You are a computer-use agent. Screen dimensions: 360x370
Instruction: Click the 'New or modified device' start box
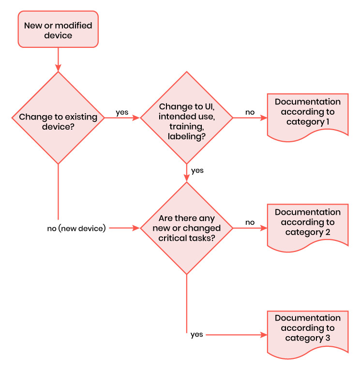click(x=58, y=29)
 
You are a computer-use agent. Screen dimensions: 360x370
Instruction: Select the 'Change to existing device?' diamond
click(x=58, y=118)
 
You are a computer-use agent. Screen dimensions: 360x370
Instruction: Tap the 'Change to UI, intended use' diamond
click(x=186, y=118)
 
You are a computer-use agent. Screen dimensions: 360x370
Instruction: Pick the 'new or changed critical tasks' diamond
click(x=186, y=228)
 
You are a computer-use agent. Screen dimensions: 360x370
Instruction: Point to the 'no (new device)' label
click(x=76, y=228)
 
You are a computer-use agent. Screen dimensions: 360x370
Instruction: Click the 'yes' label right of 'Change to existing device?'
click(x=122, y=112)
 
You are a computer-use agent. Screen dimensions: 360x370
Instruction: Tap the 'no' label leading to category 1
click(x=250, y=112)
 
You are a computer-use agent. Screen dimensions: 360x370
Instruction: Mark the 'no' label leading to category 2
click(x=250, y=222)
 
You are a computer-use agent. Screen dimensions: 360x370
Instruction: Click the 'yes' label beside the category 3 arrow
click(x=196, y=335)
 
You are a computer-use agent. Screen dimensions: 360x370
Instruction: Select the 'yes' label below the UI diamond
click(x=197, y=170)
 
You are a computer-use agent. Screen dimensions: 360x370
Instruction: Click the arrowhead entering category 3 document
click(x=264, y=335)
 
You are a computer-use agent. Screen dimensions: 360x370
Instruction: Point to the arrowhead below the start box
click(x=58, y=68)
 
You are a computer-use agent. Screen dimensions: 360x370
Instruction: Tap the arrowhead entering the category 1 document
click(x=264, y=118)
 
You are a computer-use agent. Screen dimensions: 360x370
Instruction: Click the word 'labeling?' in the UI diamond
click(x=186, y=136)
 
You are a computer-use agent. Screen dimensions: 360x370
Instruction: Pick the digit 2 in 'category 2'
click(x=328, y=232)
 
